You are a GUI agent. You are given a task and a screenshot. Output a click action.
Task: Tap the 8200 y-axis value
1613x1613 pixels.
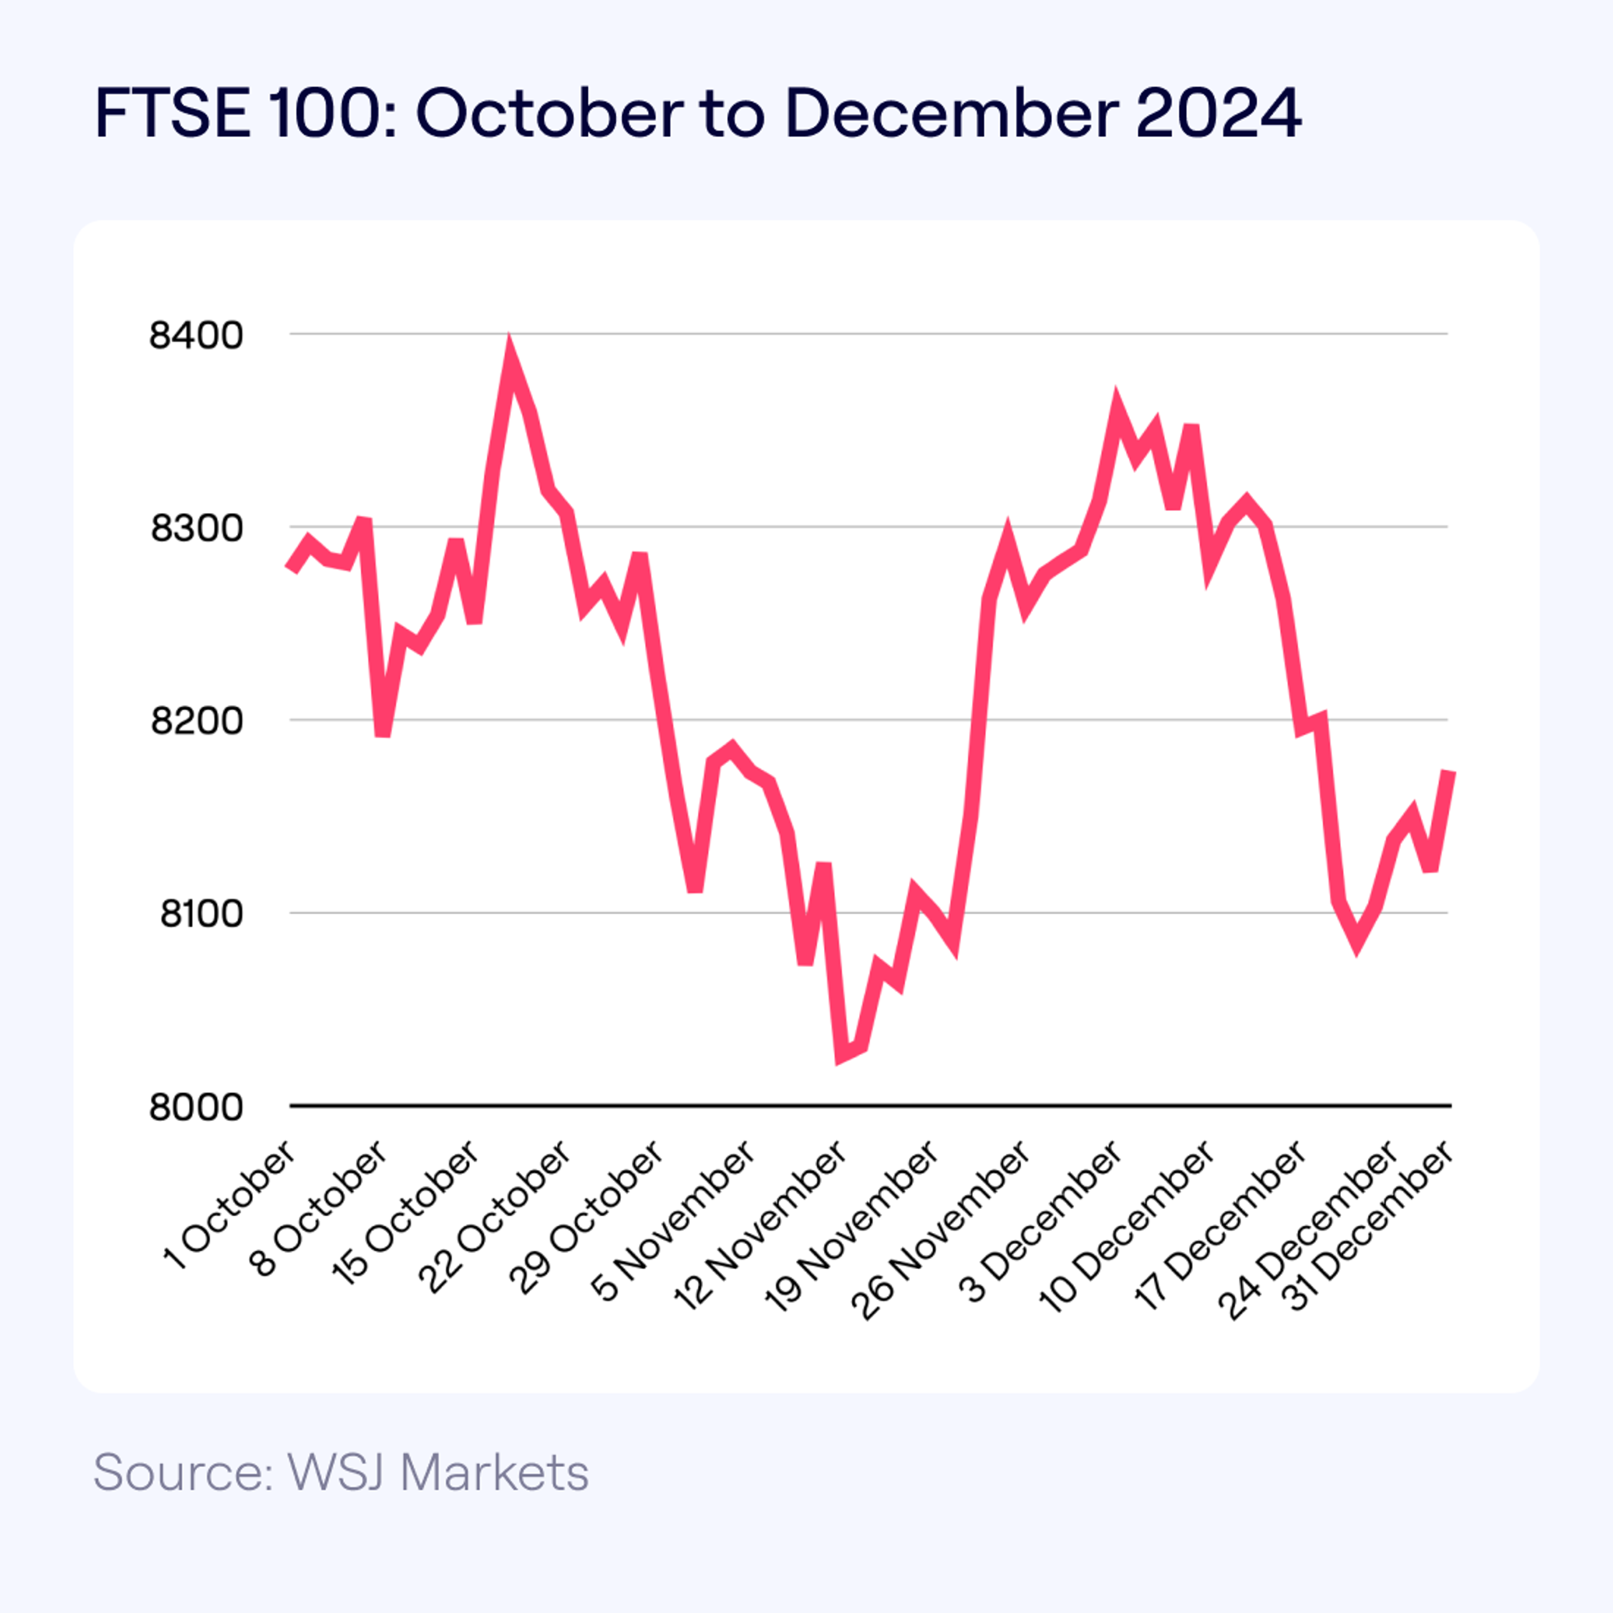(x=196, y=720)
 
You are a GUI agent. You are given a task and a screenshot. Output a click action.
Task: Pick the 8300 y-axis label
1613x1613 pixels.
(x=196, y=528)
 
